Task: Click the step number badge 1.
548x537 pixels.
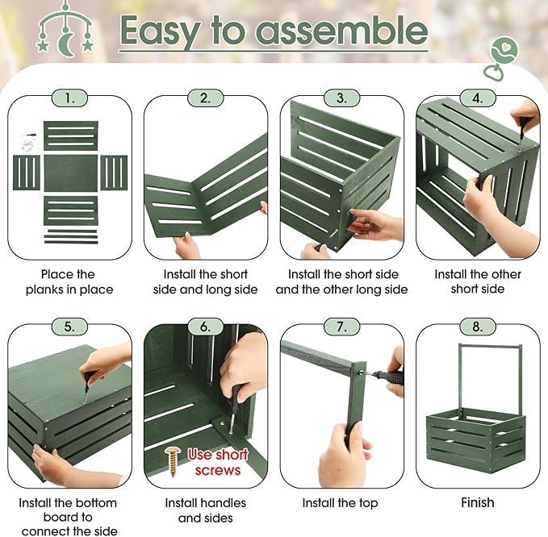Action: pyautogui.click(x=69, y=98)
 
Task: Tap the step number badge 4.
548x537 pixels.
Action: pyautogui.click(x=478, y=98)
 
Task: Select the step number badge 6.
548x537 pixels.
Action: pyautogui.click(x=206, y=327)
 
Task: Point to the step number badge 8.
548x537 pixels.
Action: pyautogui.click(x=478, y=327)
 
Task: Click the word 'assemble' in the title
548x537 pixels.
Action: pyautogui.click(x=342, y=31)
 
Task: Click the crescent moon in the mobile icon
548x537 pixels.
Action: pyautogui.click(x=65, y=44)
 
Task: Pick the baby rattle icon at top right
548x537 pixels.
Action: pyautogui.click(x=500, y=59)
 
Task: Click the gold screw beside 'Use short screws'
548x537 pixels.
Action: pyautogui.click(x=172, y=461)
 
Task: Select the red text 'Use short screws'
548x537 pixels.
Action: pyautogui.click(x=218, y=462)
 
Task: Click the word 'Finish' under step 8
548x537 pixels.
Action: pyautogui.click(x=478, y=503)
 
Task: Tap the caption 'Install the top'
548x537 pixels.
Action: pyautogui.click(x=340, y=503)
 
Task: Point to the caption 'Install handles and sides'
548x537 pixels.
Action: pyautogui.click(x=206, y=510)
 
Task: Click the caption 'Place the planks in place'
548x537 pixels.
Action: pyautogui.click(x=69, y=281)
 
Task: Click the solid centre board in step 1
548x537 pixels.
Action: pyautogui.click(x=70, y=173)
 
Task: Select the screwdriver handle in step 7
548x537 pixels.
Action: pyautogui.click(x=389, y=377)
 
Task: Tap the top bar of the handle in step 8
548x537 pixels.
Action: pyautogui.click(x=490, y=346)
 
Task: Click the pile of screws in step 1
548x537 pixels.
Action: pyautogui.click(x=28, y=144)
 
